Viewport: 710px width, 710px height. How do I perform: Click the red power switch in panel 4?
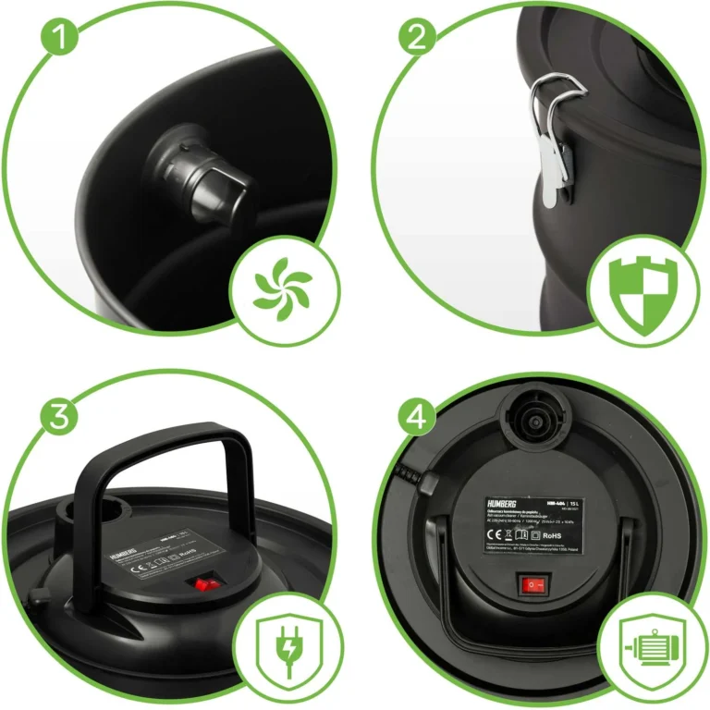pos(533,584)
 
